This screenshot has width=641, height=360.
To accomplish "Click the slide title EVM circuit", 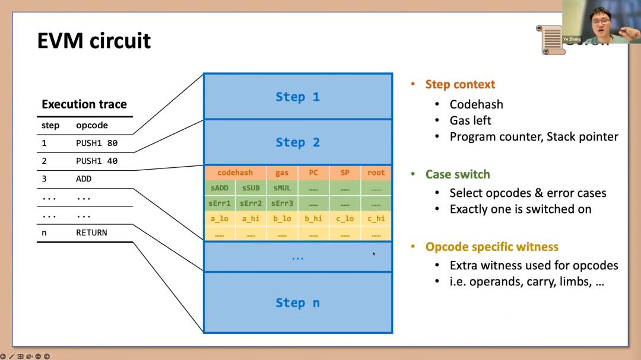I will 94,41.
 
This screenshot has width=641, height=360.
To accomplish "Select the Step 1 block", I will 297,97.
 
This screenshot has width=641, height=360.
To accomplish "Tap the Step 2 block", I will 297,142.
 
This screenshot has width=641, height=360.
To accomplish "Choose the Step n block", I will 297,302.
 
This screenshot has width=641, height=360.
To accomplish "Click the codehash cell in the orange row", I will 235,173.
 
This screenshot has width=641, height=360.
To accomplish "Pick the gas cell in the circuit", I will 282,173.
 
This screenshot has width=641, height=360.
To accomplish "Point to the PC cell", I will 313,173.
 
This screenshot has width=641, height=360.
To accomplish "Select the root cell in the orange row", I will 376,173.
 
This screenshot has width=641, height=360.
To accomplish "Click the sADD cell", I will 220,188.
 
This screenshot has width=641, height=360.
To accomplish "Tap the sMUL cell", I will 282,188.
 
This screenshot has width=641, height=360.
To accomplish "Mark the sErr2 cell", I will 250,203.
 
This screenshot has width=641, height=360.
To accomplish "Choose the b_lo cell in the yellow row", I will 282,218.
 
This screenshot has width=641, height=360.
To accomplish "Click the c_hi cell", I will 376,218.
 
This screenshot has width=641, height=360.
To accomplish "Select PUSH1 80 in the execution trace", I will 97,143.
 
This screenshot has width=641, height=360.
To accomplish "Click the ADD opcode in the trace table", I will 84,179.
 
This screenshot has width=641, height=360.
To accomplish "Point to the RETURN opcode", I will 91,232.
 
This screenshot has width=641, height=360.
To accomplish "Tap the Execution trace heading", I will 84,104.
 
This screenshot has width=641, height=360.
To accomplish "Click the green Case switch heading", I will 458,174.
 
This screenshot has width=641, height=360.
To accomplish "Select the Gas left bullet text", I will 471,120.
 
